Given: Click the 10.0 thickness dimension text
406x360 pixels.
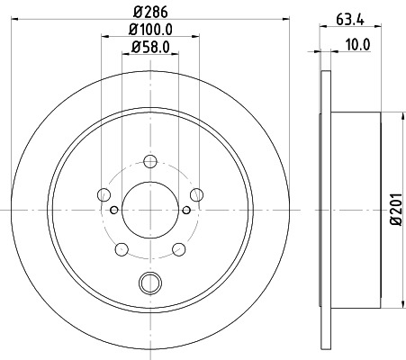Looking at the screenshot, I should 358,40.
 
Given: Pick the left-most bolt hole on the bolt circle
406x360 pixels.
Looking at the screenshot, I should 103,195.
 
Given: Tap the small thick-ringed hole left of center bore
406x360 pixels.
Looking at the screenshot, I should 113,210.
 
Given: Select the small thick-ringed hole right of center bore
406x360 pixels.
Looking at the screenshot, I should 186,210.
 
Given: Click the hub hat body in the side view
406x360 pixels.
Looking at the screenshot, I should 356,209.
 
